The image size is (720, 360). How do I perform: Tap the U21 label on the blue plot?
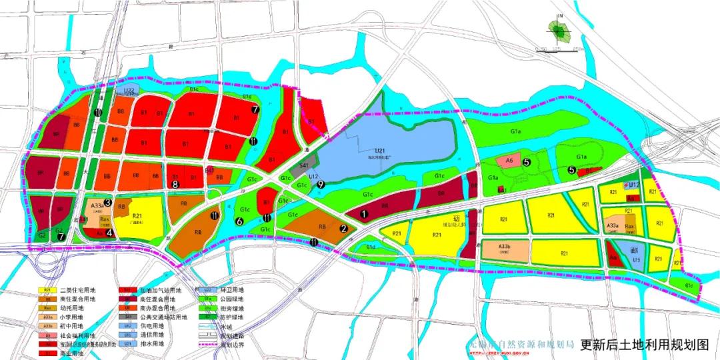381,152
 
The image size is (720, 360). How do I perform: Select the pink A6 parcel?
509,161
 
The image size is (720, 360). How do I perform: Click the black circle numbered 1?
363,214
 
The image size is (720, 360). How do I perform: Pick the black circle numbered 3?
107,193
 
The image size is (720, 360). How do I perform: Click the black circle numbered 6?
239,221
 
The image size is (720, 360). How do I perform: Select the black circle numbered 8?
176,184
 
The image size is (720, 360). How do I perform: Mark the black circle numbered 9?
321,185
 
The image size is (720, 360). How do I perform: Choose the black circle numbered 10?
98,113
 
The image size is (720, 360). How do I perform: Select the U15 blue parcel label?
636,260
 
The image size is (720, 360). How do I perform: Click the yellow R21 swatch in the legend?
47,290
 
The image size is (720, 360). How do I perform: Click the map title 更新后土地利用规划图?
644,345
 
